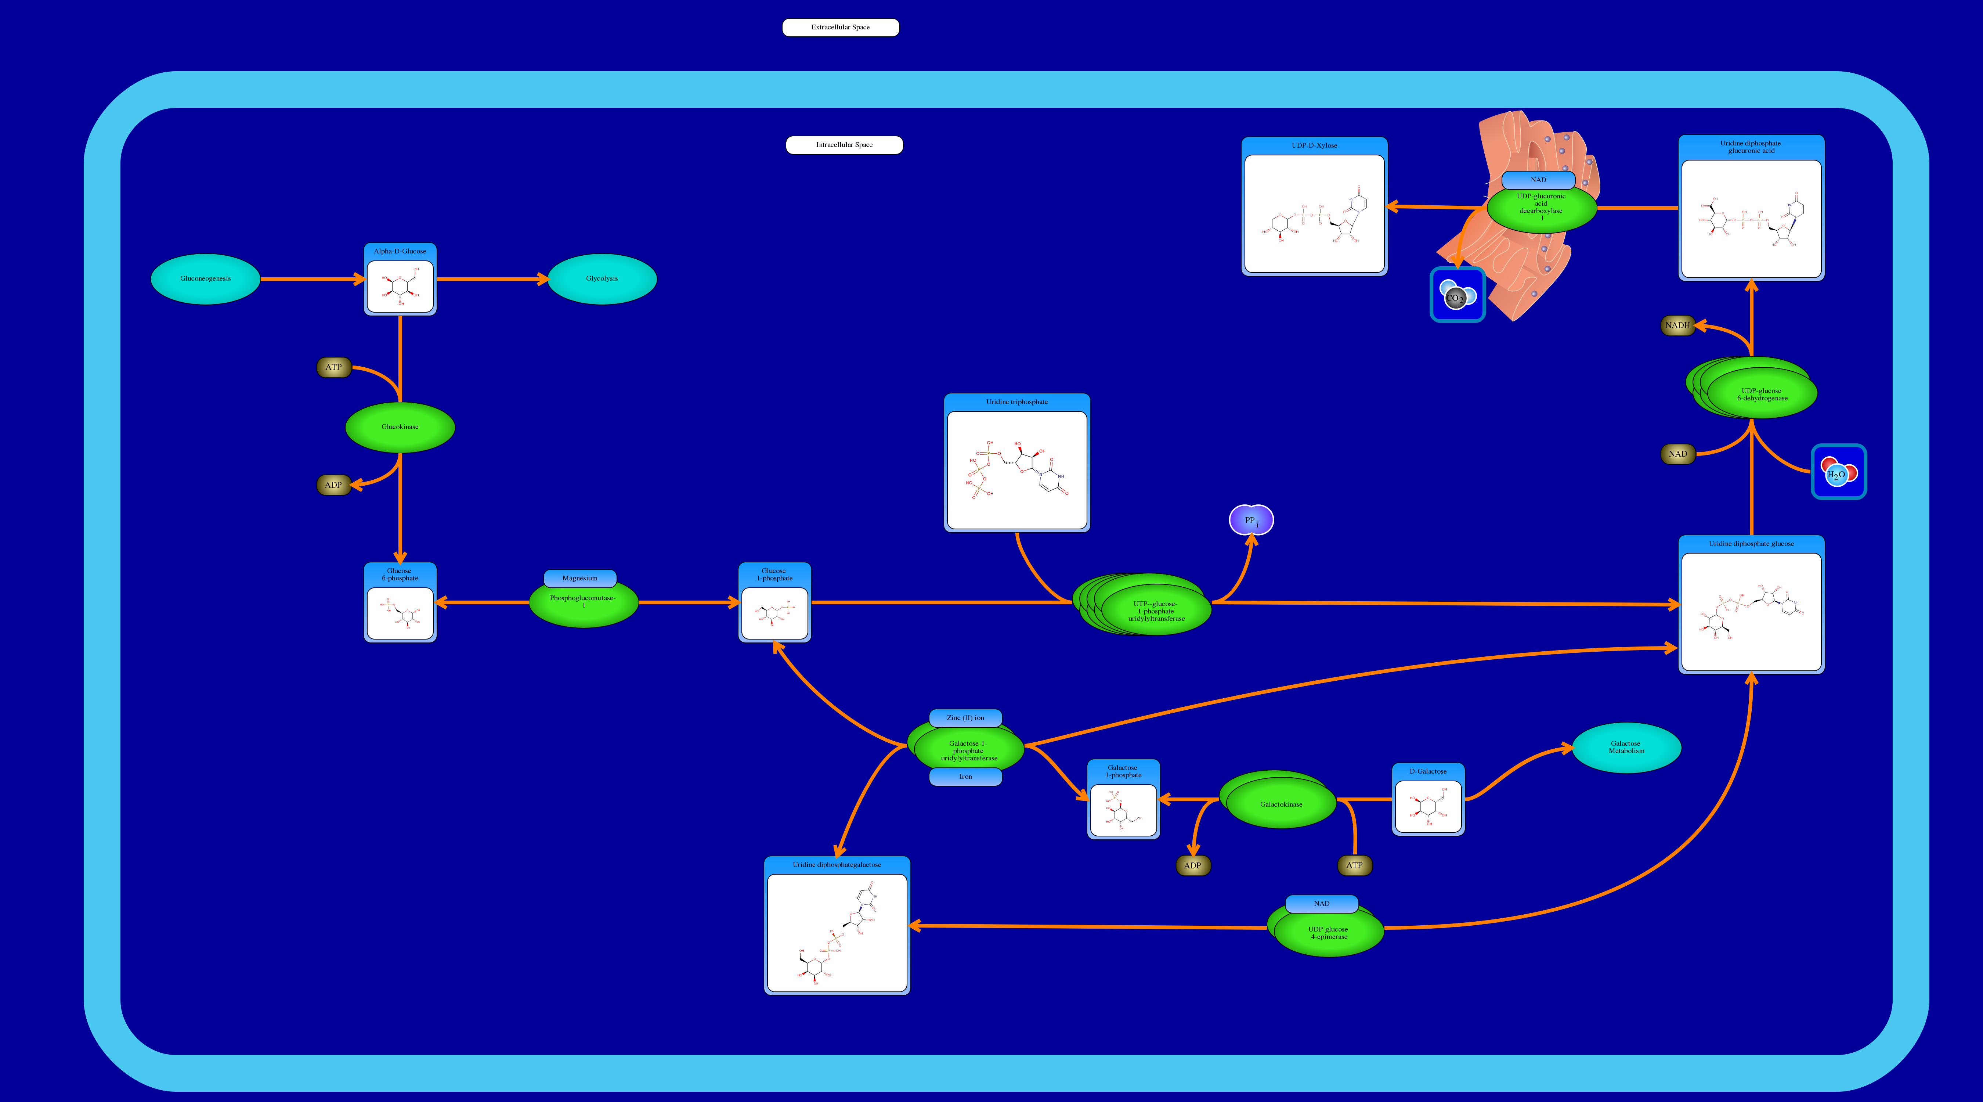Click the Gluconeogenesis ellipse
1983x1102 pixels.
tap(206, 279)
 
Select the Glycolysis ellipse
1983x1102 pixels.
tap(602, 279)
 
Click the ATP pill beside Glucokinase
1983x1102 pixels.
tap(333, 367)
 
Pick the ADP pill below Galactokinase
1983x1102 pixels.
tap(1192, 865)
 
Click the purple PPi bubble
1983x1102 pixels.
tap(1251, 521)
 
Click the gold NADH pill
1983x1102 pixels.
tap(1677, 325)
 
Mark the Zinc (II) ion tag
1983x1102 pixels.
tap(965, 718)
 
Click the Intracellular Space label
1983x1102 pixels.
tap(844, 145)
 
